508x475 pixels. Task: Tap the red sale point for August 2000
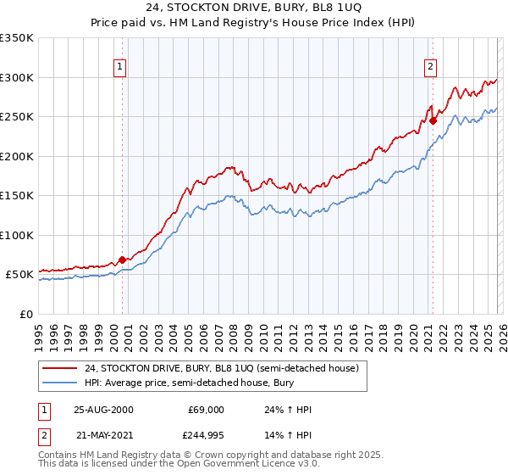123,260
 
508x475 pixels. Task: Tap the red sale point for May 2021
433,120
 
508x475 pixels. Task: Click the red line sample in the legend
59,368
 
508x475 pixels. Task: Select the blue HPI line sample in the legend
59,383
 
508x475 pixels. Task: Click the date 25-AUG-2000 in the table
103,410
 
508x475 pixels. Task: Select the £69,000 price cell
205,410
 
